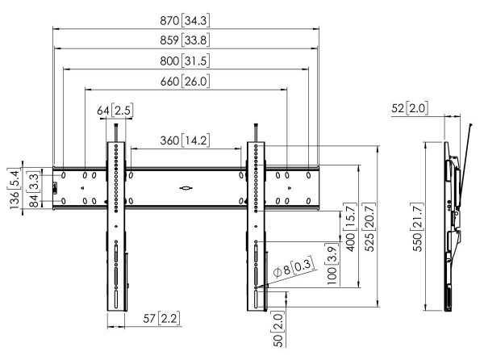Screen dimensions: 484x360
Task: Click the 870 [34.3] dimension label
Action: (185, 20)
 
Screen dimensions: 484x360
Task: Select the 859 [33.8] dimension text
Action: (185, 40)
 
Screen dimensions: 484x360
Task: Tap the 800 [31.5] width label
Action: (185, 61)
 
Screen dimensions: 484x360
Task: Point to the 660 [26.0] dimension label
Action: (185, 82)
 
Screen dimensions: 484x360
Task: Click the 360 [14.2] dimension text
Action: (185, 140)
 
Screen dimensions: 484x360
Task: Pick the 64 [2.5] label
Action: (115, 111)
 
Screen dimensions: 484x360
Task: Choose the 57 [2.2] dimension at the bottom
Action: (161, 318)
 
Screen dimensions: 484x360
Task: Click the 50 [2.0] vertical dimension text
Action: (278, 329)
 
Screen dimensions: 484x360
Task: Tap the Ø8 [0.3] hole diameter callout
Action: (294, 267)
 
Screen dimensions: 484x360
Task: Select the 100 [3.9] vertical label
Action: (332, 264)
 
